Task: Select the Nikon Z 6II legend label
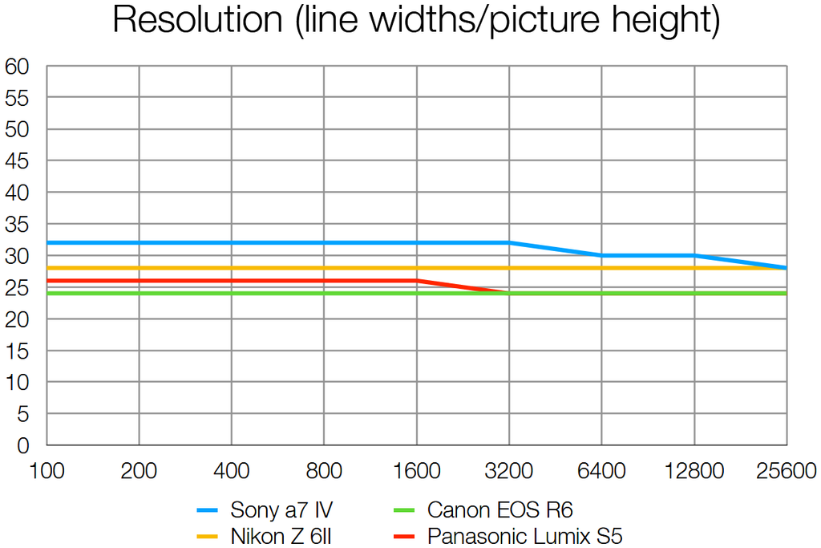[x=281, y=534]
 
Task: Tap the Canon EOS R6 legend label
[x=499, y=509]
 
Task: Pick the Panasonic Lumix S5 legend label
[x=524, y=534]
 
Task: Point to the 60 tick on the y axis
[x=17, y=67]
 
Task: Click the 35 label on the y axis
[x=17, y=225]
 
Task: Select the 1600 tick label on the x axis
[x=416, y=471]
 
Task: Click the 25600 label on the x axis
[x=786, y=471]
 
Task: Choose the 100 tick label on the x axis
[x=47, y=471]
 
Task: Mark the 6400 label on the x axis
[x=601, y=471]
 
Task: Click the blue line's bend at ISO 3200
[x=509, y=242]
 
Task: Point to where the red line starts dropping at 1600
[x=417, y=280]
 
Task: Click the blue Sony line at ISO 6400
[x=601, y=255]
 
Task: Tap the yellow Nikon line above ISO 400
[x=232, y=268]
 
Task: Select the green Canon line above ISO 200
[x=140, y=294]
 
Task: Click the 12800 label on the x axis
[x=694, y=471]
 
